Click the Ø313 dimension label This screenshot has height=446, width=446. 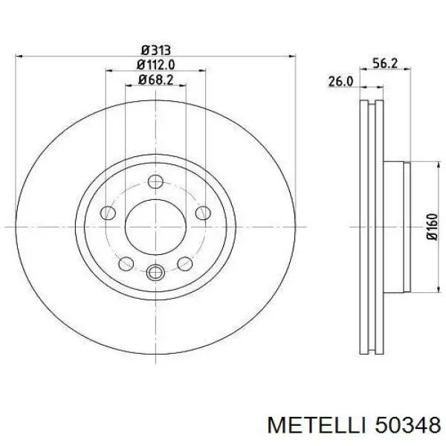point(156,51)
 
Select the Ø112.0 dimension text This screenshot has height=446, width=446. point(155,65)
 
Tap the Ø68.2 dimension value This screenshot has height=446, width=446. point(155,80)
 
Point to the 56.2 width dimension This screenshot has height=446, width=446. point(385,63)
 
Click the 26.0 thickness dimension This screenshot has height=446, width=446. point(340,82)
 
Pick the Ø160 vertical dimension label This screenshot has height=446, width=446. point(432,227)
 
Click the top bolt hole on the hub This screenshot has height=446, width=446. point(155,181)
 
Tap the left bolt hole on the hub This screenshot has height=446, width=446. point(108,213)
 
